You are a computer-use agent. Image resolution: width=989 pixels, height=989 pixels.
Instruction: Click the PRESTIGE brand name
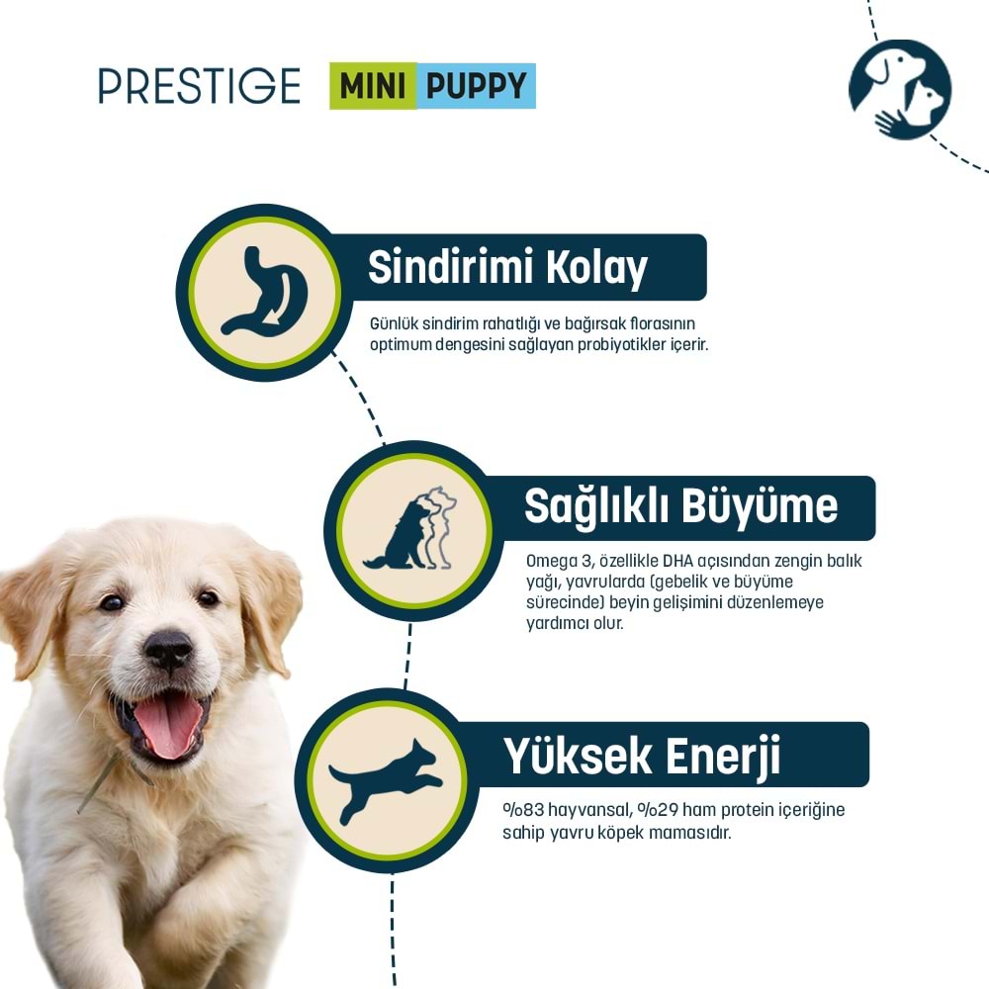click(199, 86)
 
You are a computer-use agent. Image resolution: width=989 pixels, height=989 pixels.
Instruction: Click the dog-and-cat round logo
click(899, 90)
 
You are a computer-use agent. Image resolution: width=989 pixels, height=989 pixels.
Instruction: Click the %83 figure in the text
click(519, 811)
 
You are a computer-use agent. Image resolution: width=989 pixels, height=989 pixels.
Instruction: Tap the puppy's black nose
click(168, 650)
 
